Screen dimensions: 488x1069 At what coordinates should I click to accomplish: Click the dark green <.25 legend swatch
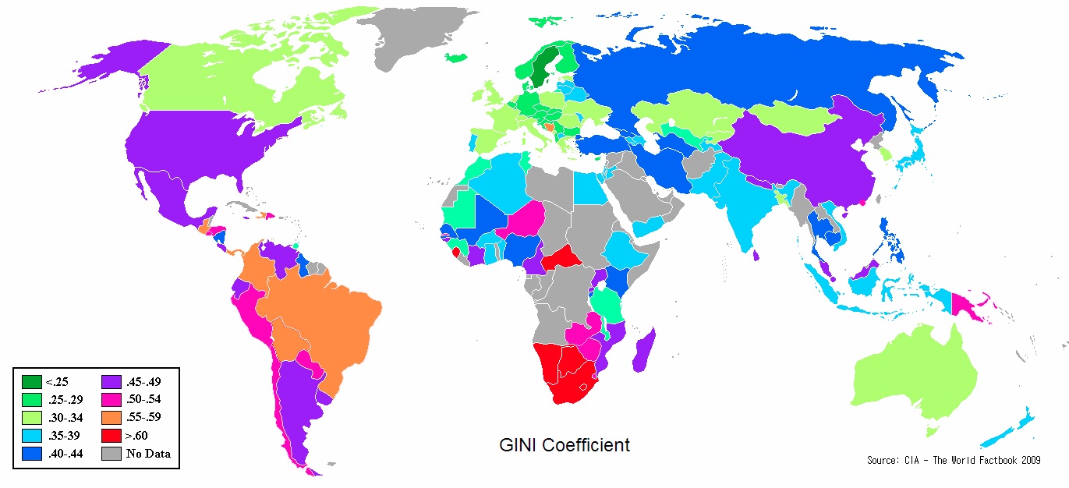click(32, 382)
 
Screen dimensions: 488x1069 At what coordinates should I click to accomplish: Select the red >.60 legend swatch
click(112, 435)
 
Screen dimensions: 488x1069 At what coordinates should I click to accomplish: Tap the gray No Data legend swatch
click(112, 453)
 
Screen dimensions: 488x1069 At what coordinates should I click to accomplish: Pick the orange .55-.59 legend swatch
click(112, 417)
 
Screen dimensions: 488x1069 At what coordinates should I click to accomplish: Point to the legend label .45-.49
click(143, 382)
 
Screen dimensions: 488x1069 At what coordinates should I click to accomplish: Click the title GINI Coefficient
click(565, 445)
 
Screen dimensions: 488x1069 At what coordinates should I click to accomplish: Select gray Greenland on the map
click(425, 35)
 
